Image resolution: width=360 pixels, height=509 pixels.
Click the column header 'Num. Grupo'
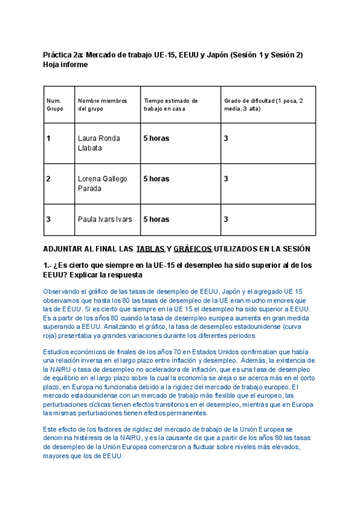[55, 104]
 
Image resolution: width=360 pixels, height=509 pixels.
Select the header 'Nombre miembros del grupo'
[99, 104]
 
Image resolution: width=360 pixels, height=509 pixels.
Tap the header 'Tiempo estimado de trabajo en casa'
[171, 104]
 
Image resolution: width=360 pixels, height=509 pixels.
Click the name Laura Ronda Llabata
[99, 143]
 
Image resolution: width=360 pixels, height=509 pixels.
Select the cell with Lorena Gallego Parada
[102, 184]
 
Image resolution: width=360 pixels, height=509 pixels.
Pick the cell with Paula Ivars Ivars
[105, 220]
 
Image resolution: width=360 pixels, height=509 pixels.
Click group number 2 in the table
[49, 179]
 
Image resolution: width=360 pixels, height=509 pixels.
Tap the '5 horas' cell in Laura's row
[156, 139]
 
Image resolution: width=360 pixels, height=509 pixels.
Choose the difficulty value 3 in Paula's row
[226, 220]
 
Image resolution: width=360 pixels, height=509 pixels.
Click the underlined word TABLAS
[150, 249]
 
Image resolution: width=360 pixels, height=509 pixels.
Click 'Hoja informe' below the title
[65, 65]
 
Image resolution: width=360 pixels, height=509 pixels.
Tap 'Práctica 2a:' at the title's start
[63, 55]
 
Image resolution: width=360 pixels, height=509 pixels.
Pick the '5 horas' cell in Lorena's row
[156, 179]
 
